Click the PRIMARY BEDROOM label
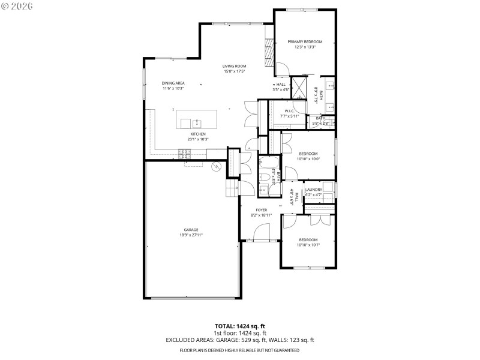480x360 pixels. (x=305, y=41)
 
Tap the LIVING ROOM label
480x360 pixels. (x=235, y=66)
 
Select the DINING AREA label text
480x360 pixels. (x=173, y=83)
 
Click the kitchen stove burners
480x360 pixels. (x=185, y=154)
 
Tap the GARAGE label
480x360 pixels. (x=191, y=230)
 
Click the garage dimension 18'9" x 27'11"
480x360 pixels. (x=191, y=235)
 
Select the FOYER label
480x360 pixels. (x=262, y=210)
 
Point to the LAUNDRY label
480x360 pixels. (x=314, y=190)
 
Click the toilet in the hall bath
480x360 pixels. (x=264, y=178)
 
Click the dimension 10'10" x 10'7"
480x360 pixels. (x=308, y=245)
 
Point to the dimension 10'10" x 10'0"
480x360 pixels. (x=308, y=159)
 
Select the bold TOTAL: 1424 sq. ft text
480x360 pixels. (x=239, y=326)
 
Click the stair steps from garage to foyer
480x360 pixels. (x=232, y=190)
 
